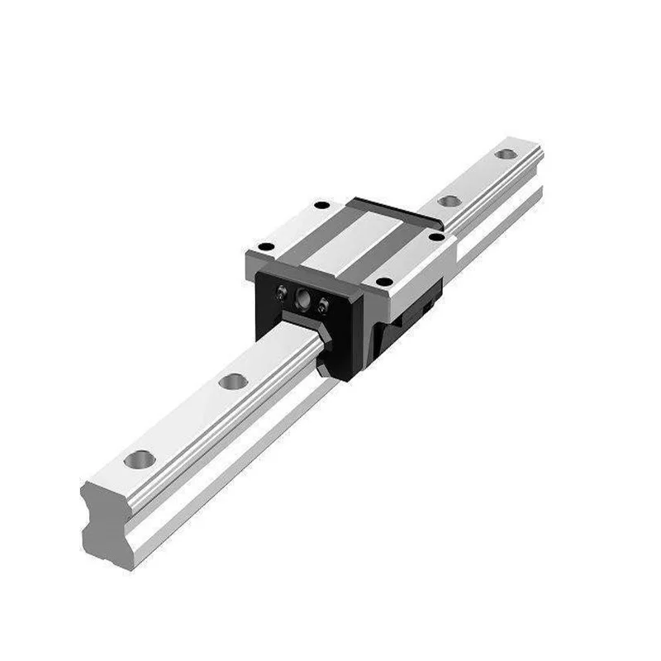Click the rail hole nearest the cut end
tap(140, 457)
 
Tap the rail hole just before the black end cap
tap(233, 382)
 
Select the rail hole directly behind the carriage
tap(449, 201)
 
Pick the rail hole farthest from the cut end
tap(503, 155)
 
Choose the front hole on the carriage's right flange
tap(381, 282)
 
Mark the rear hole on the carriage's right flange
tap(436, 238)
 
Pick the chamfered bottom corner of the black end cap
tap(339, 364)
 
